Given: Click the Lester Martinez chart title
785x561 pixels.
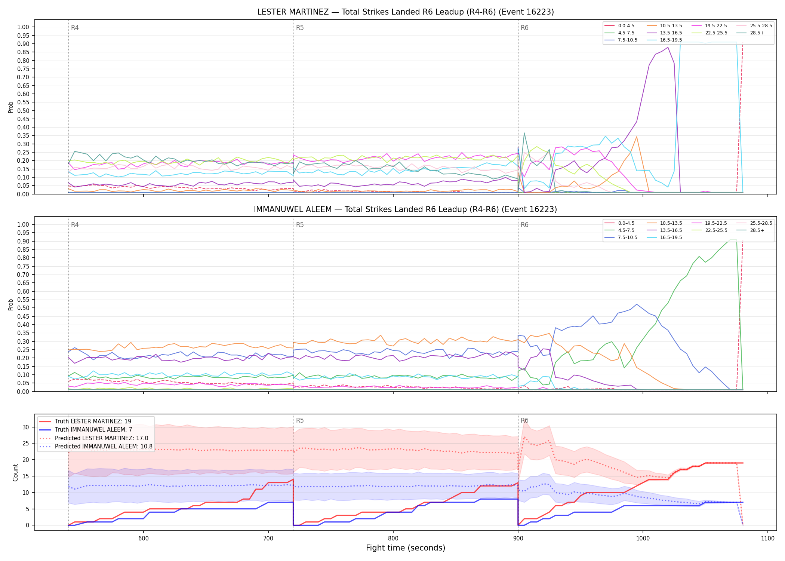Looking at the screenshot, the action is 405,12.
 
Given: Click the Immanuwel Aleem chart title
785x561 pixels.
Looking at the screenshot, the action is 405,209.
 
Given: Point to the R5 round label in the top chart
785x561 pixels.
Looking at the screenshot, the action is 300,28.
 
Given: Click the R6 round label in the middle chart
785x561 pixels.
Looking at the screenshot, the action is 524,225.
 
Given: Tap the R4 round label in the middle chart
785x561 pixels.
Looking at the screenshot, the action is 75,225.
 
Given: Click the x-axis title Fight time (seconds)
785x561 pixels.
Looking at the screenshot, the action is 406,548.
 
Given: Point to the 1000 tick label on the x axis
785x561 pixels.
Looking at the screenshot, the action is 643,538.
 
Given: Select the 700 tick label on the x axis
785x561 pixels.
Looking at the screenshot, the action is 268,538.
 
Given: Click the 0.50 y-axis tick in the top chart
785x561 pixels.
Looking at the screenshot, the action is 23,111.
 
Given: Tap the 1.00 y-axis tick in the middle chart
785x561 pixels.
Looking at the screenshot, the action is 23,224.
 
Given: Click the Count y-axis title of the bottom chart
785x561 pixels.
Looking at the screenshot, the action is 15,472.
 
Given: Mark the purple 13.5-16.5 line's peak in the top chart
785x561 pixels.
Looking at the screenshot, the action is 668,47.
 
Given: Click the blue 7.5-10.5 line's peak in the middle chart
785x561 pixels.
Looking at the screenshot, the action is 637,304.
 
